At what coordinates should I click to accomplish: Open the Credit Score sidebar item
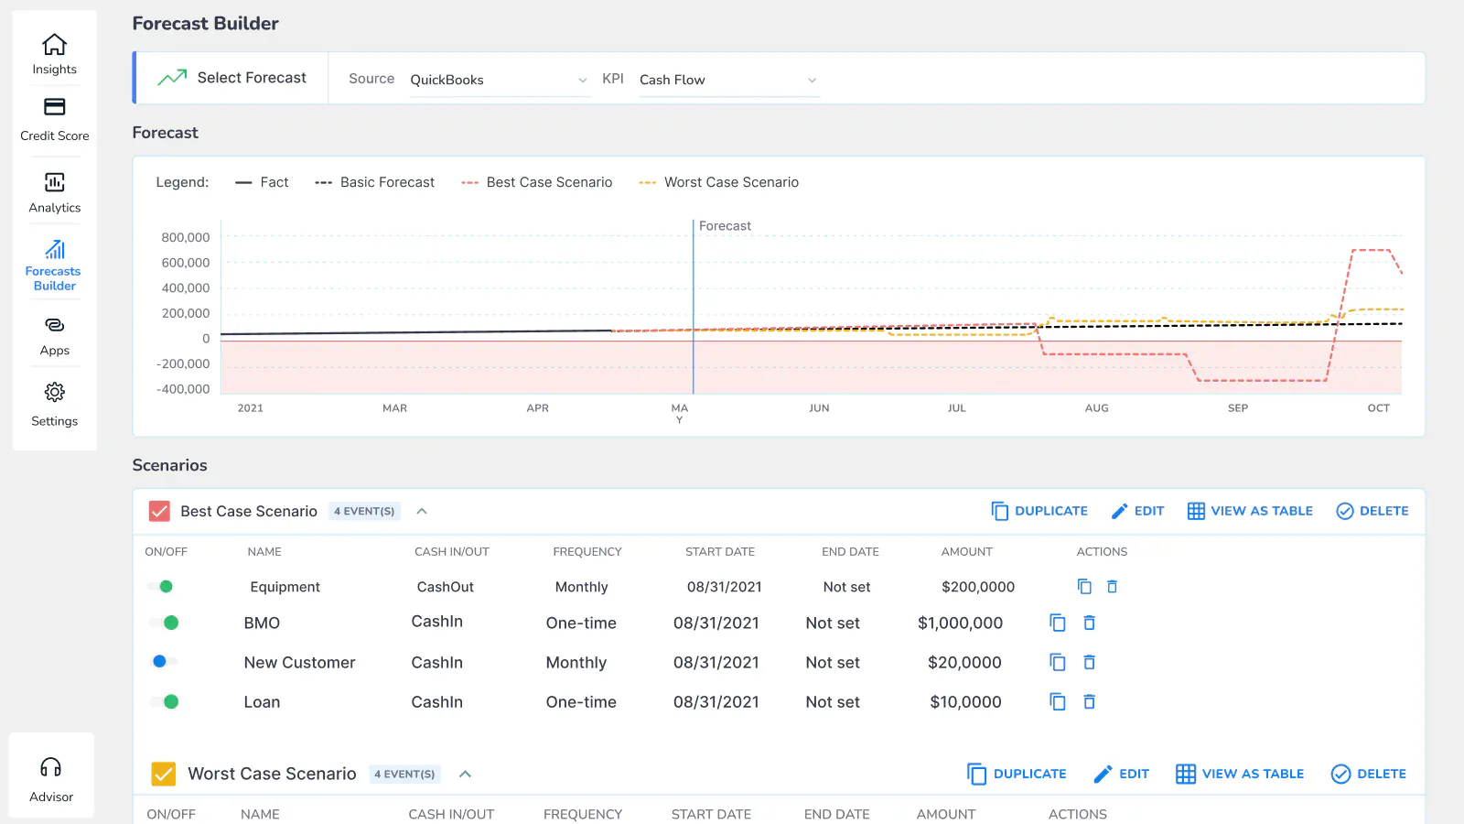point(54,120)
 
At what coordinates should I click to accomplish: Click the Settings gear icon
point(54,393)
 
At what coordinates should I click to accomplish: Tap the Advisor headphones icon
point(50,767)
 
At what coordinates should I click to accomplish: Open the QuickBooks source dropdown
point(500,80)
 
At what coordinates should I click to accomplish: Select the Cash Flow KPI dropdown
point(728,80)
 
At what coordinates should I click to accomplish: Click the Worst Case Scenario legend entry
point(718,182)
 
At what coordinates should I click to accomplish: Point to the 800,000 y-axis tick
point(186,237)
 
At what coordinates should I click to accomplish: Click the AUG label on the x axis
point(1097,408)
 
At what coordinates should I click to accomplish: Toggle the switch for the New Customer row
point(164,662)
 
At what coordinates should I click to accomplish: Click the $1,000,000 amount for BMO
point(960,623)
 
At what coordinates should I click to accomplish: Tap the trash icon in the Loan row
point(1089,701)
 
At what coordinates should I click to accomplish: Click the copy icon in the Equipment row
point(1084,587)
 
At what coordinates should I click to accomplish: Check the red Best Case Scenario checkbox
point(159,511)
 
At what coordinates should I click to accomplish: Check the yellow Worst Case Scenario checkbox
point(164,774)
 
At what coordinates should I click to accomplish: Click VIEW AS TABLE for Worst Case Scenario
point(1239,774)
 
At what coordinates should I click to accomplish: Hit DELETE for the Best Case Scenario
point(1372,511)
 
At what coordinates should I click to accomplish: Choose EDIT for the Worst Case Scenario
point(1122,774)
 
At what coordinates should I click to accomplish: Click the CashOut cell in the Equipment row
point(445,587)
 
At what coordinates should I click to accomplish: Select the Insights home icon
point(54,45)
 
